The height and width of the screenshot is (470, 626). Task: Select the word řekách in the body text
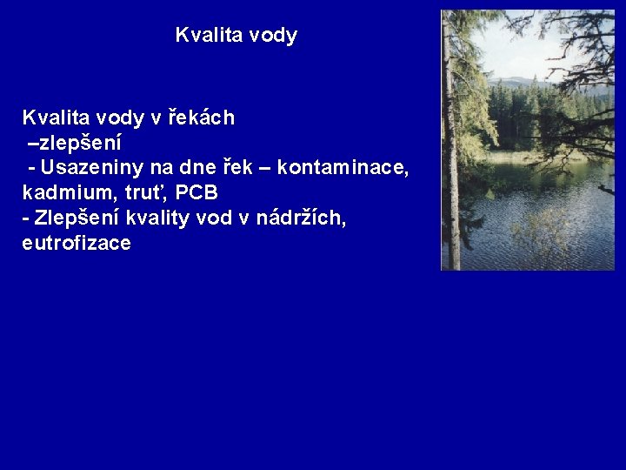(202, 117)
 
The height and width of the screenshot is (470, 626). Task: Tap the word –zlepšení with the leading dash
(74, 142)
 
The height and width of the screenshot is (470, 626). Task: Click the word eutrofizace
(77, 243)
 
